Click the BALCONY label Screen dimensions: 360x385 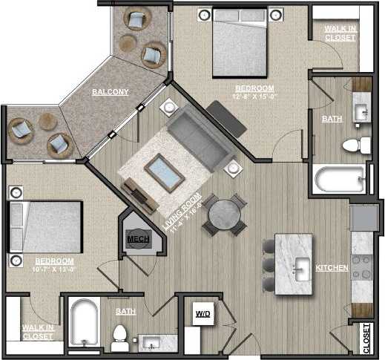click(x=111, y=92)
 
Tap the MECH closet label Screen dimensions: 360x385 click(x=136, y=239)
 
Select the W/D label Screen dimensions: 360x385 click(x=203, y=315)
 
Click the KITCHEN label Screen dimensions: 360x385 click(x=332, y=267)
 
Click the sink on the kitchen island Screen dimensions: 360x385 click(x=302, y=265)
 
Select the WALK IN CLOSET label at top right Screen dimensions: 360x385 click(x=340, y=33)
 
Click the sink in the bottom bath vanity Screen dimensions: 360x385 click(x=153, y=343)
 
